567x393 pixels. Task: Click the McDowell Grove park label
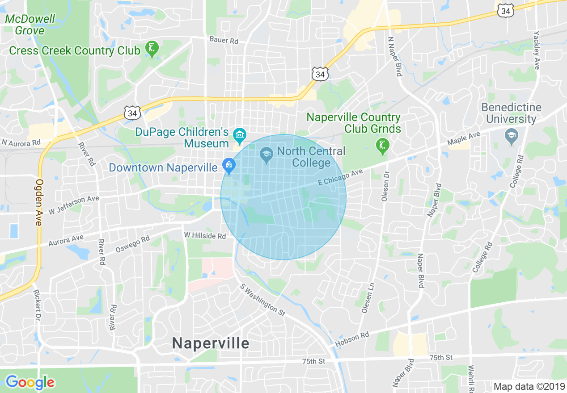pos(30,25)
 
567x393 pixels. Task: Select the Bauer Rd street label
pos(224,41)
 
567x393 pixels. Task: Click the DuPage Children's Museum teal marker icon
pos(240,134)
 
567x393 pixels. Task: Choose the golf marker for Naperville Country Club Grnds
pos(382,146)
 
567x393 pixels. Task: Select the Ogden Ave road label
pos(39,202)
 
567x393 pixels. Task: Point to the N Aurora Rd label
pos(21,143)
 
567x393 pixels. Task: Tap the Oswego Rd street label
pos(132,245)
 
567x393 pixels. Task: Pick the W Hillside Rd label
pos(205,235)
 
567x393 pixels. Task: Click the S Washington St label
pos(262,300)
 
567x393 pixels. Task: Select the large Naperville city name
pos(211,343)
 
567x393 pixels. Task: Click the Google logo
pos(30,382)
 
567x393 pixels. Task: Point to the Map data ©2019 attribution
pos(528,386)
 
